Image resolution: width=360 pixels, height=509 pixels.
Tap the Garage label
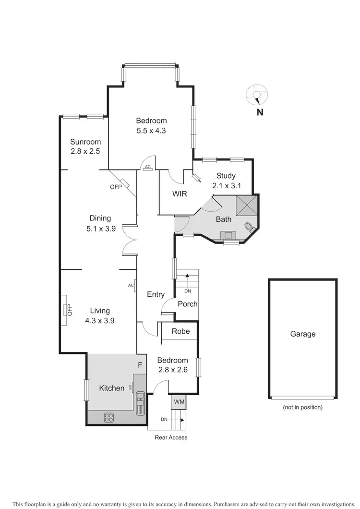303,334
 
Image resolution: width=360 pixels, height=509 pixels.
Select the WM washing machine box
179,401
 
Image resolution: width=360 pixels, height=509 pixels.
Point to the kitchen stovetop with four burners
109,417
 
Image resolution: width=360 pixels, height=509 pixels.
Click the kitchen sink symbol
140,400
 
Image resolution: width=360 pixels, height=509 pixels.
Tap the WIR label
180,194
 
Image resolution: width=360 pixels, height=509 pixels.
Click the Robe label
180,331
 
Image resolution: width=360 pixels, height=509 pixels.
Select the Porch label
187,304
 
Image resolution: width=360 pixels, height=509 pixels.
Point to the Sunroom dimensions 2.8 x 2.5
85,151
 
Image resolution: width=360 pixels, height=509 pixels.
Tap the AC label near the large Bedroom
148,167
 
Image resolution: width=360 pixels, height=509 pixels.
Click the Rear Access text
171,437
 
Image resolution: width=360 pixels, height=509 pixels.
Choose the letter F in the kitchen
140,365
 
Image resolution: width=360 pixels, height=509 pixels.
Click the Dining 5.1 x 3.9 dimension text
100,229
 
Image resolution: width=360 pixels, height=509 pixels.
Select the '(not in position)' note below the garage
302,407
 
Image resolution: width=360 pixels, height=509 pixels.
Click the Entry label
156,294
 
